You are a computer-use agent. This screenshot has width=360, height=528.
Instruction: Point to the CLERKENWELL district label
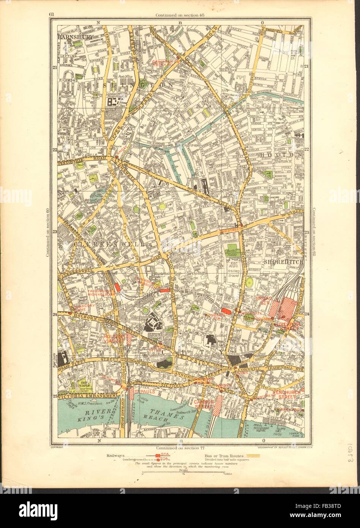click(x=110, y=245)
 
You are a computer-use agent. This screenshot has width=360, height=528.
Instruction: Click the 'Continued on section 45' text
click(x=180, y=15)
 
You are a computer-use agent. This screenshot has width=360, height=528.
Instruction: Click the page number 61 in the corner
click(x=51, y=15)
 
